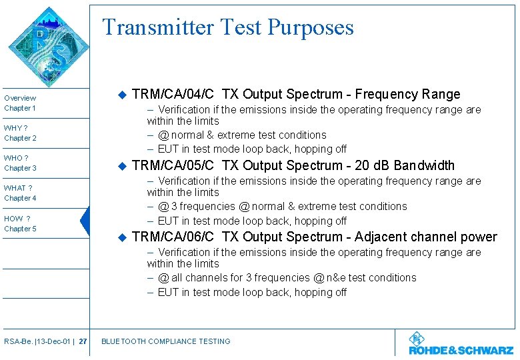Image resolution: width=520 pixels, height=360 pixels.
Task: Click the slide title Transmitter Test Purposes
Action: click(227, 27)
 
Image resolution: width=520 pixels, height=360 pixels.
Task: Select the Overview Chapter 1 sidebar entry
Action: click(21, 103)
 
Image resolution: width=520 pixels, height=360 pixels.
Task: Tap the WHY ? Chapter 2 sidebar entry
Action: click(21, 133)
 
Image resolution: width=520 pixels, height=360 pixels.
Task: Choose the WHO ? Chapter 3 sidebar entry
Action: click(21, 163)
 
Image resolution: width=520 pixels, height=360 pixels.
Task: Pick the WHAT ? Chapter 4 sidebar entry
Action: click(21, 193)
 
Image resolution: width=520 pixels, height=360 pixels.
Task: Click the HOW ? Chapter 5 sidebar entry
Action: click(21, 223)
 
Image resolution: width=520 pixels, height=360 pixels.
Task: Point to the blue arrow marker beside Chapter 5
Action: click(85, 221)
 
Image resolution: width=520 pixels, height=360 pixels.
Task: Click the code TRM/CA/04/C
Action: click(173, 94)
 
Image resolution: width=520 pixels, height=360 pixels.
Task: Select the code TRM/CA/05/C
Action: click(173, 165)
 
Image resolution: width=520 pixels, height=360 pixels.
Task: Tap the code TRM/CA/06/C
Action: click(173, 237)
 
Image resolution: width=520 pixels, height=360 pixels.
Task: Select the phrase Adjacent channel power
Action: click(426, 237)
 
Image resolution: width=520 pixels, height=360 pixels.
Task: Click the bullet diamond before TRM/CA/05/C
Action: click(121, 165)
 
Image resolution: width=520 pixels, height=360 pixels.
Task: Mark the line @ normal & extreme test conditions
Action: click(242, 135)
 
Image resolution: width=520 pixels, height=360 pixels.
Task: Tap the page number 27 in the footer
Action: click(82, 341)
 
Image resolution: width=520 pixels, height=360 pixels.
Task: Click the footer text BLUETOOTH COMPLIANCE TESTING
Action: click(165, 341)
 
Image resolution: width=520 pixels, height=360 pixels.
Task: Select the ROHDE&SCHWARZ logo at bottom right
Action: click(461, 345)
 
